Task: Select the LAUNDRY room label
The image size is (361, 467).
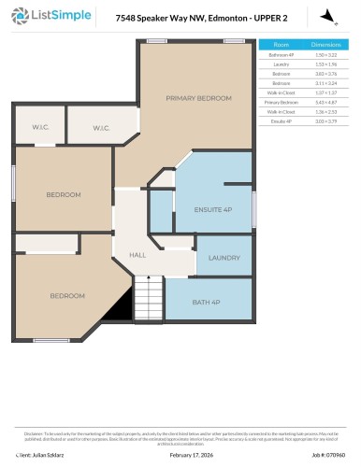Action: [x=224, y=258]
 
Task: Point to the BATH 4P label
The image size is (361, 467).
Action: [x=205, y=302]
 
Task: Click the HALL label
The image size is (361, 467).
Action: [x=137, y=255]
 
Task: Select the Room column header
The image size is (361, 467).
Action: [x=281, y=44]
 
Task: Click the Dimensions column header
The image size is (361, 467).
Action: [x=325, y=44]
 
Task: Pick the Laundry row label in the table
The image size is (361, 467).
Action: [x=281, y=64]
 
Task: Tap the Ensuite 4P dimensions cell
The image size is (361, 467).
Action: [x=325, y=120]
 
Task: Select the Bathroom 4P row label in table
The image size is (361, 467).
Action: [x=281, y=55]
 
